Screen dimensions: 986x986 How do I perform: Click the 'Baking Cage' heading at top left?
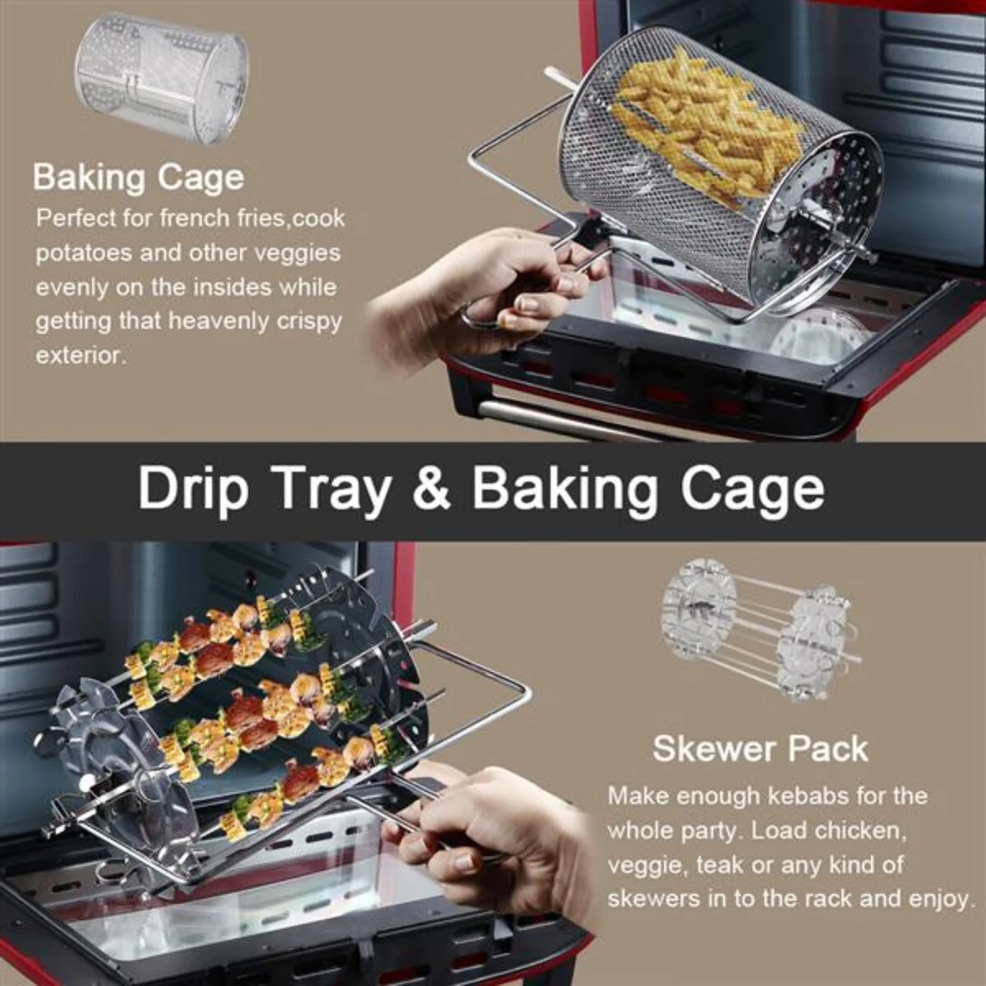[x=138, y=177]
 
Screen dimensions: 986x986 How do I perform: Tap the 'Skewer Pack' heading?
[x=760, y=749]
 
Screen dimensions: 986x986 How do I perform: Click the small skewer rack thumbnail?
[x=760, y=630]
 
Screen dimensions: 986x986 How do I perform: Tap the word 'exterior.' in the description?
[x=81, y=356]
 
